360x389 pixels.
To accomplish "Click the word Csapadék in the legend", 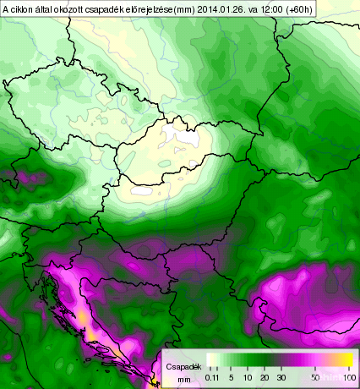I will coord(183,368).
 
